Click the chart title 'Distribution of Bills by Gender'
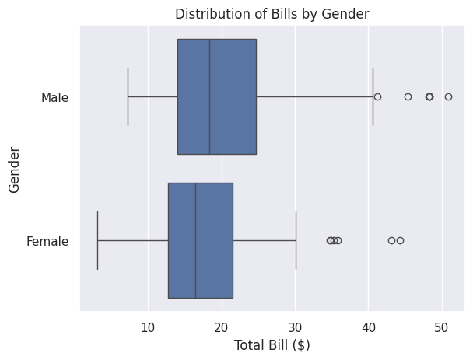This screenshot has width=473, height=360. [x=272, y=13]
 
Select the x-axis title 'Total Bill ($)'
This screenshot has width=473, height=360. [x=272, y=344]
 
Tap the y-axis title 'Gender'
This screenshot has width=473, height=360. [x=14, y=169]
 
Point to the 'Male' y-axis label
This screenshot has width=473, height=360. [x=54, y=97]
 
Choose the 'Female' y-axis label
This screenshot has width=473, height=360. [x=47, y=241]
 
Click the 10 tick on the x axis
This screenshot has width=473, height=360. [x=148, y=327]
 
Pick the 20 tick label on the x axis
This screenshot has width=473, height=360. [x=222, y=327]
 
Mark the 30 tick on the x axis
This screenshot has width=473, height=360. [x=295, y=327]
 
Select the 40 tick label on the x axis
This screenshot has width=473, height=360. [x=369, y=327]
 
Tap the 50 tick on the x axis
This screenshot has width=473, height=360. [x=442, y=327]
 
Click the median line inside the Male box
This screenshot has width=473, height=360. [x=209, y=96]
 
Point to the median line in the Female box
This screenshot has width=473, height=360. [x=195, y=240]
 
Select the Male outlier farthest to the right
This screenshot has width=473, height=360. [x=448, y=96]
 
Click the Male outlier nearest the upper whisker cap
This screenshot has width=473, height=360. [x=377, y=96]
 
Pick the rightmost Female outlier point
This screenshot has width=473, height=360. [x=400, y=240]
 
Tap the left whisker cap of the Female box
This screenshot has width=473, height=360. [x=97, y=240]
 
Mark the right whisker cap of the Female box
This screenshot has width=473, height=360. [x=296, y=240]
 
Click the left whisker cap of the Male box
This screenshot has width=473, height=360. [x=128, y=96]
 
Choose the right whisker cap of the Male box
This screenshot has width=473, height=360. [x=373, y=96]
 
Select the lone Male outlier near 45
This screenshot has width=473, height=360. [x=408, y=96]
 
